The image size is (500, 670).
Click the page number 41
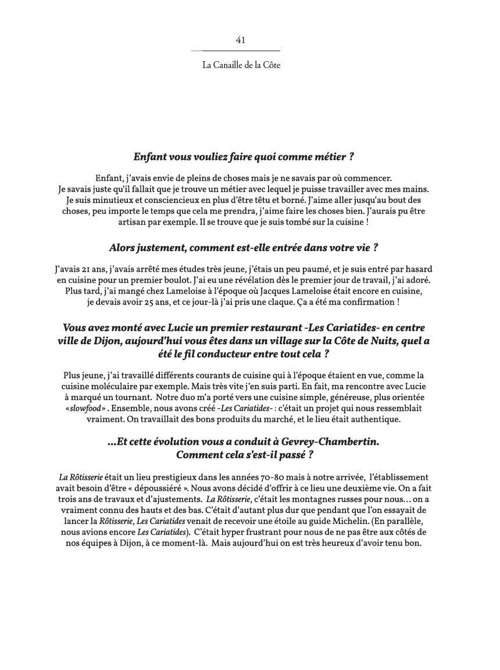241,40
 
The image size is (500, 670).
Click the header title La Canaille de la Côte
241,65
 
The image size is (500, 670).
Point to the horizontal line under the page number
235,51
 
